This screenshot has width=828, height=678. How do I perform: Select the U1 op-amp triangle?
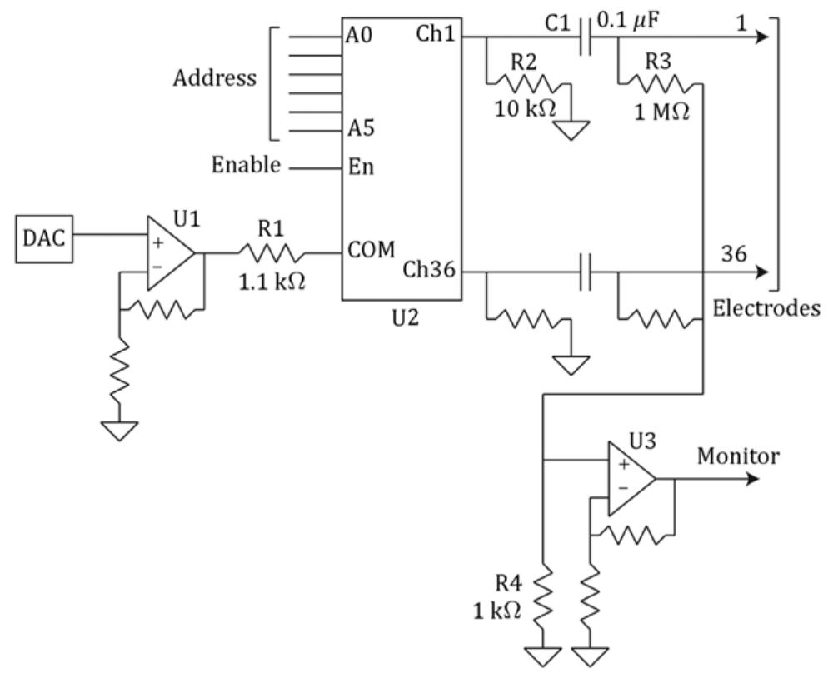pyautogui.click(x=169, y=253)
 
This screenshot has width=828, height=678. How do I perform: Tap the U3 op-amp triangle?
pyautogui.click(x=630, y=479)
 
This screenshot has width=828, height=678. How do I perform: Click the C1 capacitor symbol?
pyautogui.click(x=586, y=37)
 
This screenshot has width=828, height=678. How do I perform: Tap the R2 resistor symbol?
pyautogui.click(x=526, y=83)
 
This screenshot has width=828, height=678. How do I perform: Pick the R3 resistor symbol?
pyautogui.click(x=661, y=83)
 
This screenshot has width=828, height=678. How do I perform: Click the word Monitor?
pyautogui.click(x=738, y=456)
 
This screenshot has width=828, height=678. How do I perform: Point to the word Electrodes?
pyautogui.click(x=766, y=307)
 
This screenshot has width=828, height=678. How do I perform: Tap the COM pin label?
pyautogui.click(x=372, y=250)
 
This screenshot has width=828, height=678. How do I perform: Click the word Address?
pyautogui.click(x=215, y=79)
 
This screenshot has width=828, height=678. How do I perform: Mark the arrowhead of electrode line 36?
pyautogui.click(x=761, y=272)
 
